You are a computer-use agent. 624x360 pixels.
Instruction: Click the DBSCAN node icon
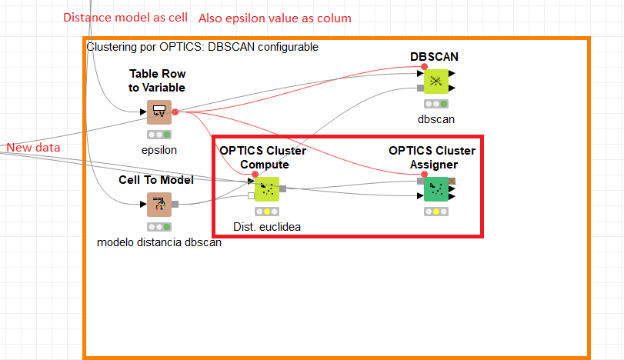435,81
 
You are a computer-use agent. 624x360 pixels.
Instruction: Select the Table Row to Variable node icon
159,112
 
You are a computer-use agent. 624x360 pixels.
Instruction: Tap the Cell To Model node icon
159,204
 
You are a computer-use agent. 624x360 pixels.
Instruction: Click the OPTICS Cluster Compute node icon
266,188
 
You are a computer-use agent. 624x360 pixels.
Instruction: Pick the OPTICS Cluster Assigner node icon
436,188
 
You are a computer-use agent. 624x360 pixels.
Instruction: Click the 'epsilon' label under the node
159,150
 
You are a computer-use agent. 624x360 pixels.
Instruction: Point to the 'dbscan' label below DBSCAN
436,118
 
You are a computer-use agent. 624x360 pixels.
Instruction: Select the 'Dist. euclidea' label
267,226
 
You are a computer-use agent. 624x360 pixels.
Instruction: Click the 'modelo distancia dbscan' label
159,242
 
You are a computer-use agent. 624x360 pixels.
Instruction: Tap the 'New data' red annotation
33,147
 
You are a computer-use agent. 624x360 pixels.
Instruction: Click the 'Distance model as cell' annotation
125,17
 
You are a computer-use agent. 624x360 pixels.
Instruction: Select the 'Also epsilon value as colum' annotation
275,18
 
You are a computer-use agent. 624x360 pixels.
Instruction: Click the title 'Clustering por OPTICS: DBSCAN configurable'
202,47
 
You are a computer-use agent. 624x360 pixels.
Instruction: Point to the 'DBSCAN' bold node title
435,57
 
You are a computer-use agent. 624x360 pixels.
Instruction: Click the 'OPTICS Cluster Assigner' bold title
432,157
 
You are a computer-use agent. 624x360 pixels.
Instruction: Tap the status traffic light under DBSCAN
436,103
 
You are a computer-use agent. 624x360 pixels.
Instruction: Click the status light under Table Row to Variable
159,135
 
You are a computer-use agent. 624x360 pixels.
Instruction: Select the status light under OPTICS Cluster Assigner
436,212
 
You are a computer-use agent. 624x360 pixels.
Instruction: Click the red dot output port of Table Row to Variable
175,112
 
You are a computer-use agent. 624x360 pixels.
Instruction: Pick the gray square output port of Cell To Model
175,204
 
